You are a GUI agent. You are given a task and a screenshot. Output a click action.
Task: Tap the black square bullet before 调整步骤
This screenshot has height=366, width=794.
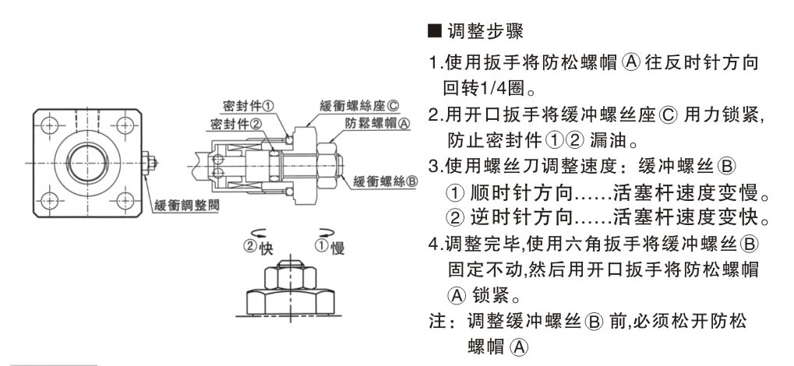tap(436, 33)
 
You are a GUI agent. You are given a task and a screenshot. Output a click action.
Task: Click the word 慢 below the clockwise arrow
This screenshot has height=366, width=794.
tap(337, 248)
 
